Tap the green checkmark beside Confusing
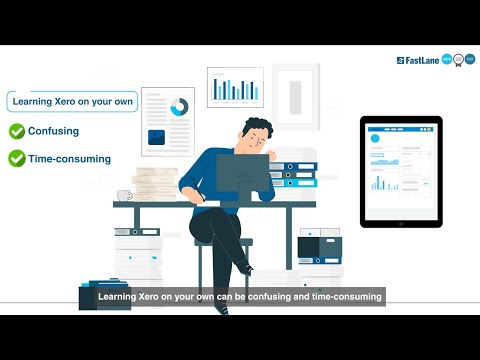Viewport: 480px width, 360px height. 17,131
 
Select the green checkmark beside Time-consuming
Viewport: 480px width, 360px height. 17,158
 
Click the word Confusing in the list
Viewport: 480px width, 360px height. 54,131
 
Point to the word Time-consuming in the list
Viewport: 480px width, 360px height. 70,158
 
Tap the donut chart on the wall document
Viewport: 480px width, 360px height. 180,106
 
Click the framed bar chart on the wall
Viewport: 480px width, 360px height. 235,88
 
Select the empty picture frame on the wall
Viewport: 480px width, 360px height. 295,96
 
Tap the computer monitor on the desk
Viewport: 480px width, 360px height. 242,176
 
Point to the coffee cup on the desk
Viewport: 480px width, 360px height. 124,194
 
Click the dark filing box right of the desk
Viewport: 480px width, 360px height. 319,245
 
